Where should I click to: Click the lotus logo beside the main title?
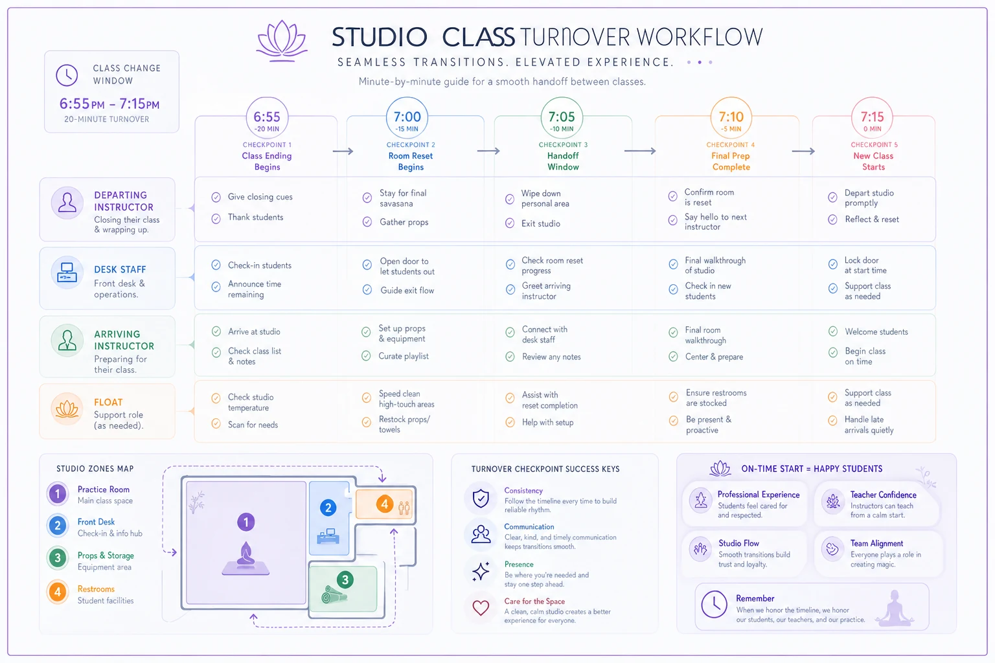coord(282,41)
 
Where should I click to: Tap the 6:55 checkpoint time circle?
coord(267,118)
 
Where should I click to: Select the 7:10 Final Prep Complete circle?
coord(731,118)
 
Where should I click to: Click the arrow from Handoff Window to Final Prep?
coord(639,151)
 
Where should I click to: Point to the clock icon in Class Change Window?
coord(67,75)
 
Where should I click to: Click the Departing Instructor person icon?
coord(67,203)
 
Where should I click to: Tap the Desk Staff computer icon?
coord(67,272)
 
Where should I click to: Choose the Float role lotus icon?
coord(67,409)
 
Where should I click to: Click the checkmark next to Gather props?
coord(367,221)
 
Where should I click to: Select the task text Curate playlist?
coord(404,356)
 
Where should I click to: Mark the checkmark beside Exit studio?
coord(510,223)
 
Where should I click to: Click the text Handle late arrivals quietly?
coord(869,425)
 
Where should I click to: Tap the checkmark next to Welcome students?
coord(833,331)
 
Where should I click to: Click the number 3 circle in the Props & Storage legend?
coord(57,557)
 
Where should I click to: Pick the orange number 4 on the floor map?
coord(385,504)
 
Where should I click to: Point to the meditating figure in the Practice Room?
coord(246,558)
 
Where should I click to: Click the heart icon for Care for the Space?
coord(481,607)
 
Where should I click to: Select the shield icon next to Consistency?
coord(481,499)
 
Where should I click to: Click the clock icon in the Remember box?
coord(714,604)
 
